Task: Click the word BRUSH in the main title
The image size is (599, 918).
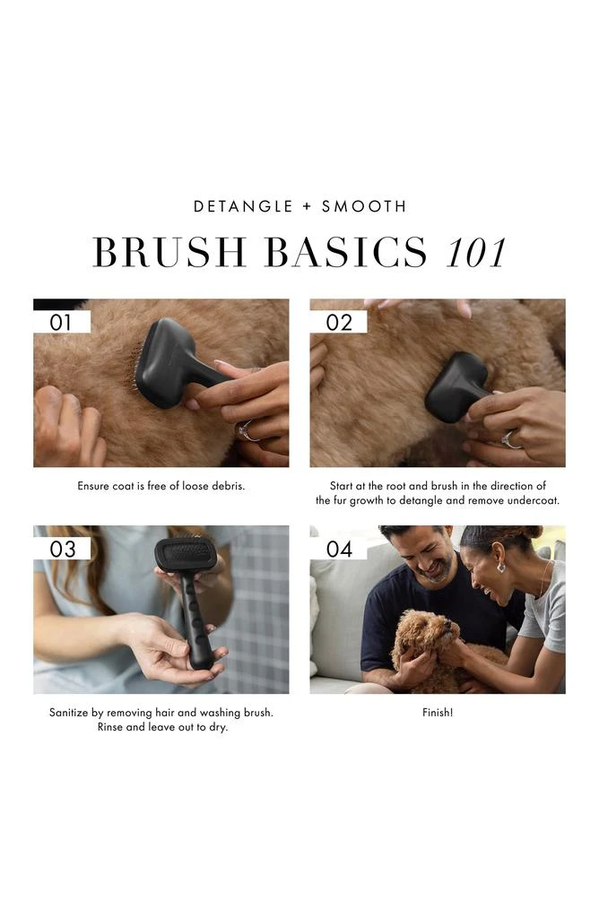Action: [x=169, y=252]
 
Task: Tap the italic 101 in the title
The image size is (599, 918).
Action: [x=475, y=252]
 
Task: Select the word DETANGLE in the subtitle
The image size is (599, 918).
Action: [x=243, y=206]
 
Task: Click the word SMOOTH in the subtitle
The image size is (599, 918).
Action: [x=364, y=206]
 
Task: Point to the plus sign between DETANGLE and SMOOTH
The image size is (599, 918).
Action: [x=308, y=206]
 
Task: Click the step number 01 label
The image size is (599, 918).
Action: [x=61, y=322]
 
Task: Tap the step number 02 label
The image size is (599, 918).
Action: [x=339, y=322]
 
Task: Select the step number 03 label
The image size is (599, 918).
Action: [x=63, y=549]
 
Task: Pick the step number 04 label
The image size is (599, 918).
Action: [x=339, y=549]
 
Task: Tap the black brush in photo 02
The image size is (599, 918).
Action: [x=457, y=385]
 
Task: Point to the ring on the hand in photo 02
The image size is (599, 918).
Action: [x=509, y=439]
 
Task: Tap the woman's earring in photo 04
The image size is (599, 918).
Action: [x=501, y=567]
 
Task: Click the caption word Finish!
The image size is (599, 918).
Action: [x=438, y=713]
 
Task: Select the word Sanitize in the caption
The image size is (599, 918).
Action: [x=68, y=713]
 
